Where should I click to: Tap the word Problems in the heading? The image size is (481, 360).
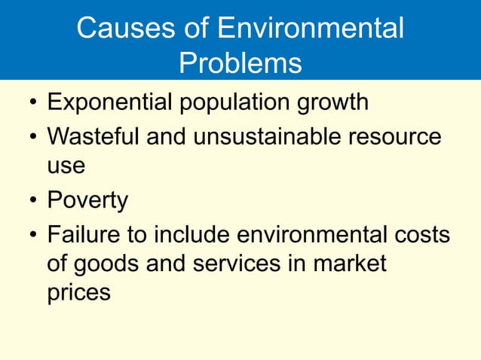pyautogui.click(x=240, y=64)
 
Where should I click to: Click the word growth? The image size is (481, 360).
pyautogui.click(x=334, y=102)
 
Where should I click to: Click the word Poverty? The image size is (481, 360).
pyautogui.click(x=87, y=201)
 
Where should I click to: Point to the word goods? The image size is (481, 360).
pyautogui.click(x=111, y=264)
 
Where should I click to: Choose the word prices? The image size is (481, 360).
pyautogui.click(x=78, y=292)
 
